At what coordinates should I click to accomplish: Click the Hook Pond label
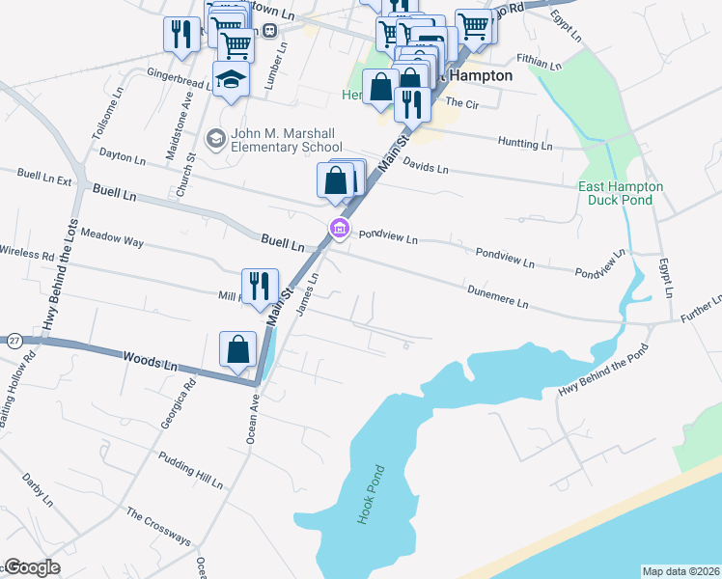click(371, 494)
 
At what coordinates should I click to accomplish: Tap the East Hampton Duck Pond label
click(621, 193)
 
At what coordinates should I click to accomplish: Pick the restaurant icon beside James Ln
click(260, 287)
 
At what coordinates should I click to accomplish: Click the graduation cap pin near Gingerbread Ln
click(232, 79)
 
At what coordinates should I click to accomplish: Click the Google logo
click(31, 567)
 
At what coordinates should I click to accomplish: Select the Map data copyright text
click(680, 571)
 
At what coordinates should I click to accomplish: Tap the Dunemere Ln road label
click(497, 295)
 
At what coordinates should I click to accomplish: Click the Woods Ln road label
click(152, 362)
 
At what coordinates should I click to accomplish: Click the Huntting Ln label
click(525, 144)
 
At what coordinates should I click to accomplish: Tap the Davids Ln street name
click(426, 166)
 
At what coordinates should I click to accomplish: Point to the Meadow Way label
click(112, 238)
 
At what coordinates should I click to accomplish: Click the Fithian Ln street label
click(538, 63)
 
